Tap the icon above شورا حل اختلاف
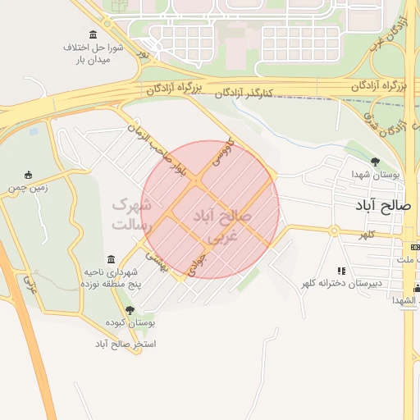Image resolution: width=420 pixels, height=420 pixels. [x=92, y=34]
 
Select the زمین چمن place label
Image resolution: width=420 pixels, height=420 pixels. [x=29, y=187]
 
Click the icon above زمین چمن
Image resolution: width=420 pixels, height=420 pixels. [x=29, y=174]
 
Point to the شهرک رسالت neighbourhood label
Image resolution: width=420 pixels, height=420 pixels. [x=130, y=213]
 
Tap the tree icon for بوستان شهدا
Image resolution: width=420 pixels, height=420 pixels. [x=376, y=162]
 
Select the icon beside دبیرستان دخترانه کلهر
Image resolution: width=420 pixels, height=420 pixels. [x=341, y=270]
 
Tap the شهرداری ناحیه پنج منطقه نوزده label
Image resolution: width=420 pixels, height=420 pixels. [x=108, y=276]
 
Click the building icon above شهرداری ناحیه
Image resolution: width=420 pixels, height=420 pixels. [x=111, y=259]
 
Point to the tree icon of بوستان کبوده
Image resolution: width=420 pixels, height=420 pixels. [x=130, y=309]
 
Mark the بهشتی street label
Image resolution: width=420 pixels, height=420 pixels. [x=157, y=261]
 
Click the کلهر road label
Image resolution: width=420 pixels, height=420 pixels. [x=365, y=235]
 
